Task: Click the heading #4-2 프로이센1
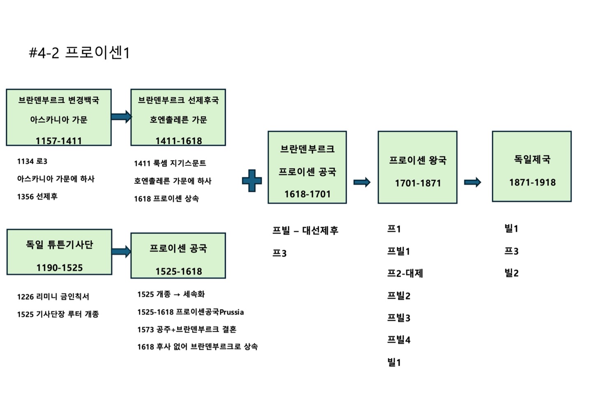[x=79, y=53]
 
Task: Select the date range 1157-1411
[x=58, y=141]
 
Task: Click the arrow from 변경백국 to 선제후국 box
[x=121, y=117]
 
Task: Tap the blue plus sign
[x=252, y=181]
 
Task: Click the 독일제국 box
[x=532, y=166]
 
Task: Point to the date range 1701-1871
[x=418, y=183]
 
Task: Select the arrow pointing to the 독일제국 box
[x=472, y=182]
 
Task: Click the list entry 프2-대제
[x=405, y=273]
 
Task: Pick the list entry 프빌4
[x=398, y=340]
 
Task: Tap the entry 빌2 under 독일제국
[x=511, y=273]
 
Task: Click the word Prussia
[x=231, y=312]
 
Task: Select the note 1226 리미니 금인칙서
[x=53, y=296]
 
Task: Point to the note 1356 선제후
[x=37, y=197]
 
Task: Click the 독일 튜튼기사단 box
[x=59, y=252]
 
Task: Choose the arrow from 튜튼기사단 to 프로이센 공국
[x=121, y=251]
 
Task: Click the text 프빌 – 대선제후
[x=305, y=231]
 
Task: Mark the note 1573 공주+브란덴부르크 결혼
[x=187, y=329]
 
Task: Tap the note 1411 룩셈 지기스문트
[x=170, y=163]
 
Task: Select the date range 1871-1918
[x=532, y=182]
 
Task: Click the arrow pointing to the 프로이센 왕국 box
[x=362, y=182]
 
